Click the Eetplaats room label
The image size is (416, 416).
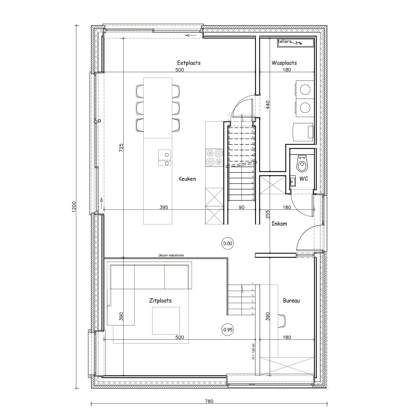click(189, 63)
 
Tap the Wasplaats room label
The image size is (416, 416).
click(284, 63)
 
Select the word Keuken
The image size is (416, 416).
click(187, 179)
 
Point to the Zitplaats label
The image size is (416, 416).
click(160, 301)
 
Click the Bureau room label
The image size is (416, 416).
click(291, 301)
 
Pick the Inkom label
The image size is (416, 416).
click(279, 224)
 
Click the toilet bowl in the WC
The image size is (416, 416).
click(302, 164)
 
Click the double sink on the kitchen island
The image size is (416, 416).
click(164, 158)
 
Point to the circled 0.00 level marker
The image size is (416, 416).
click(227, 243)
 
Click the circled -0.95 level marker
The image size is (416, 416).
click(227, 330)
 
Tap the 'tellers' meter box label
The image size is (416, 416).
click(285, 42)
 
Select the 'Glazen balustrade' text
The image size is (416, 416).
click(171, 255)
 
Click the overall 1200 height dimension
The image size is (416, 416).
click(73, 207)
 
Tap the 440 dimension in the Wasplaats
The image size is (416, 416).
click(268, 105)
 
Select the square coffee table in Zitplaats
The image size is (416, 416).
click(166, 321)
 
